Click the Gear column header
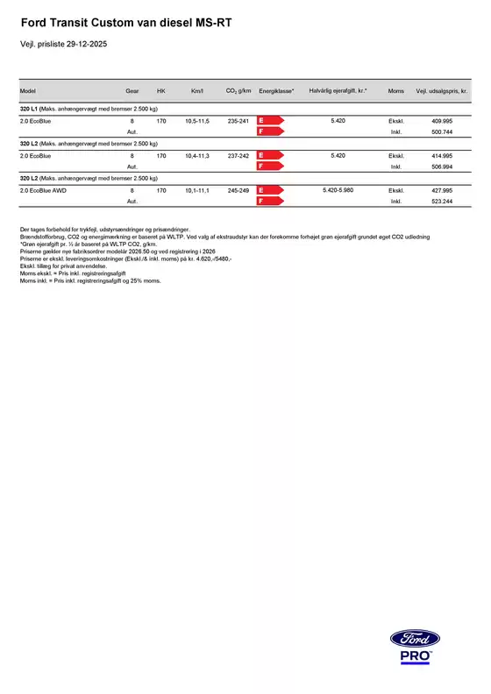pyautogui.click(x=132, y=91)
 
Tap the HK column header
pyautogui.click(x=160, y=91)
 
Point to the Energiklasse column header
pyautogui.click(x=276, y=91)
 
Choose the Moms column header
pyautogui.click(x=395, y=91)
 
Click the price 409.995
pyautogui.click(x=442, y=120)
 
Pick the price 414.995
pyautogui.click(x=442, y=155)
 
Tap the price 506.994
pyautogui.click(x=442, y=166)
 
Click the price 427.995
pyautogui.click(x=442, y=190)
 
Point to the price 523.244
pyautogui.click(x=442, y=201)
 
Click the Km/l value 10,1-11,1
pyautogui.click(x=197, y=190)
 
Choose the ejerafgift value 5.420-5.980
pyautogui.click(x=338, y=190)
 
